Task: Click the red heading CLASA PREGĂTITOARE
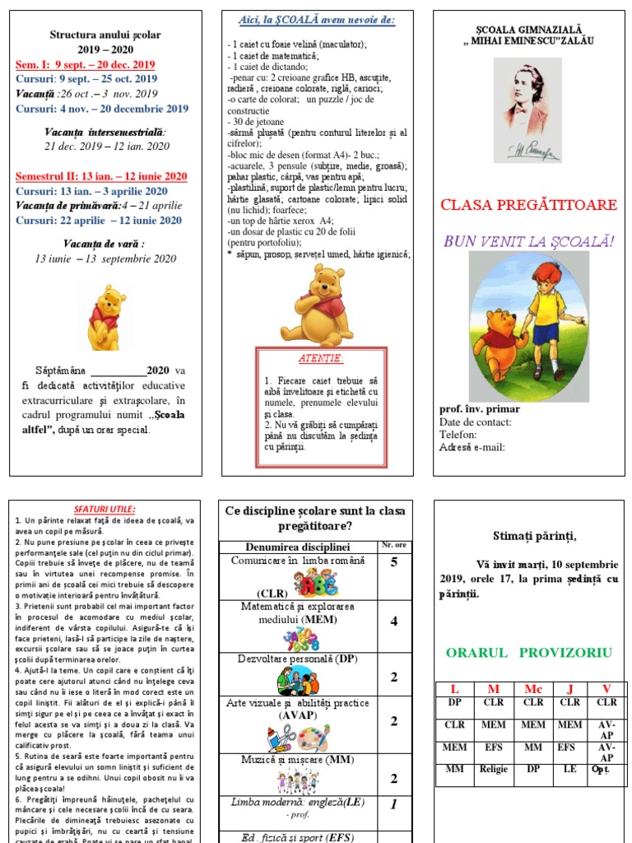pyautogui.click(x=529, y=205)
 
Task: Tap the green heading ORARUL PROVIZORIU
pyautogui.click(x=529, y=653)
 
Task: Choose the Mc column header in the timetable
pyautogui.click(x=532, y=689)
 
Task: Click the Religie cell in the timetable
pyautogui.click(x=494, y=770)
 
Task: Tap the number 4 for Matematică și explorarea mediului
pyautogui.click(x=393, y=622)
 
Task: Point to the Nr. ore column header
pyautogui.click(x=393, y=545)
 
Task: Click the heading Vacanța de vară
pyautogui.click(x=104, y=244)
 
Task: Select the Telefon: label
pyautogui.click(x=459, y=435)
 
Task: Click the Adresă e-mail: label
pyautogui.click(x=472, y=448)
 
